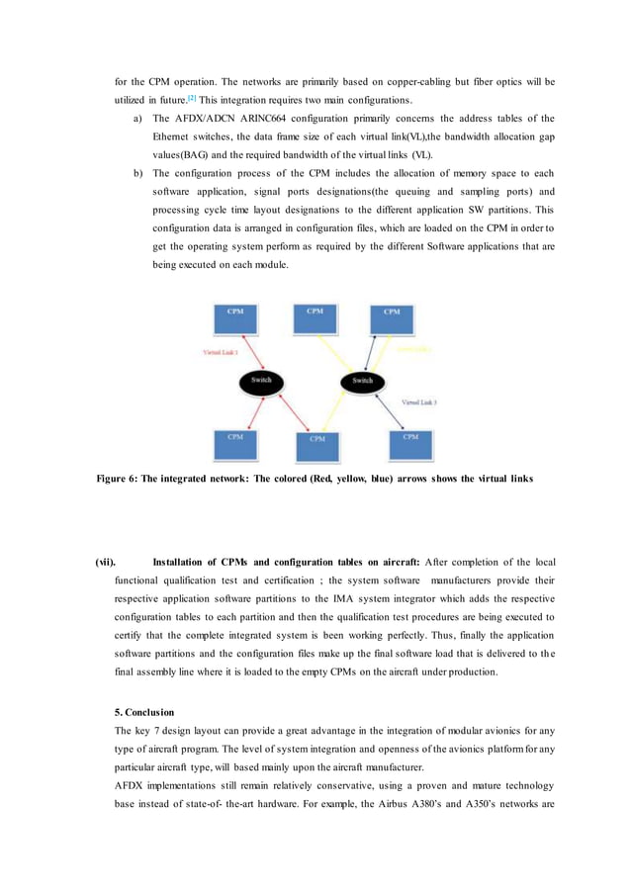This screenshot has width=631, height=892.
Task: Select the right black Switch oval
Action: [x=363, y=381]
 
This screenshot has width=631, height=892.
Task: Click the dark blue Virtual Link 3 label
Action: [x=418, y=402]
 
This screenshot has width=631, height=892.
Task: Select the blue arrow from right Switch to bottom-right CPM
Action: [x=388, y=408]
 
